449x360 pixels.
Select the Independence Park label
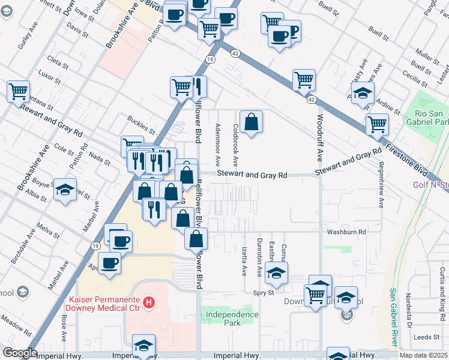(231, 318)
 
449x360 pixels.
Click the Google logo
(20, 353)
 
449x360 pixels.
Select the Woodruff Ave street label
(320, 138)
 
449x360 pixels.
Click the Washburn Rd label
(346, 231)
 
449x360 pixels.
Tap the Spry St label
(263, 293)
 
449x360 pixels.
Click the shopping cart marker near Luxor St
(19, 92)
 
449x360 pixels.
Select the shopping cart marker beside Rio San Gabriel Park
(378, 124)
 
